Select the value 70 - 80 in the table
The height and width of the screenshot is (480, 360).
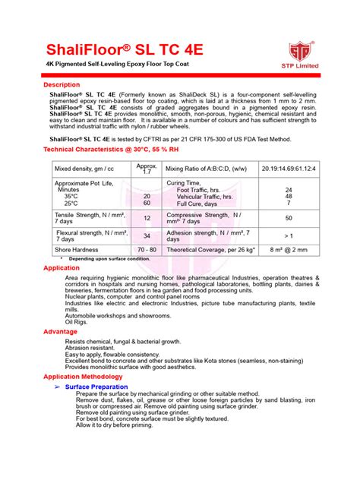coord(147,249)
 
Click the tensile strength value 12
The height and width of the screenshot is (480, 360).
coord(147,218)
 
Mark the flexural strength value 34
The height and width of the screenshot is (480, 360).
coord(147,236)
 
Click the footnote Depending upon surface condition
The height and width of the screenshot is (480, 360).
coord(109,259)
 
